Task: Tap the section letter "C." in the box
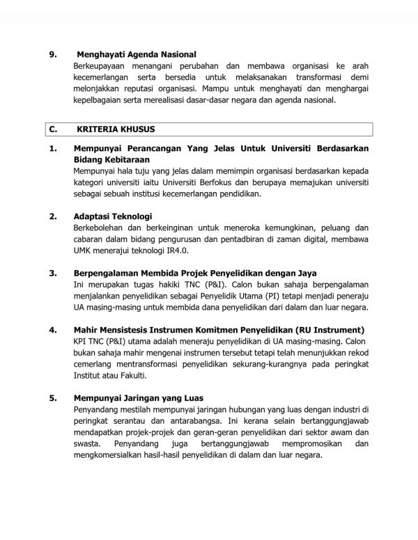click(x=52, y=129)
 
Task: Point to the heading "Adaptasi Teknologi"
click(x=113, y=216)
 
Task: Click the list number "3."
click(x=51, y=273)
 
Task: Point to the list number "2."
click(x=51, y=216)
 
